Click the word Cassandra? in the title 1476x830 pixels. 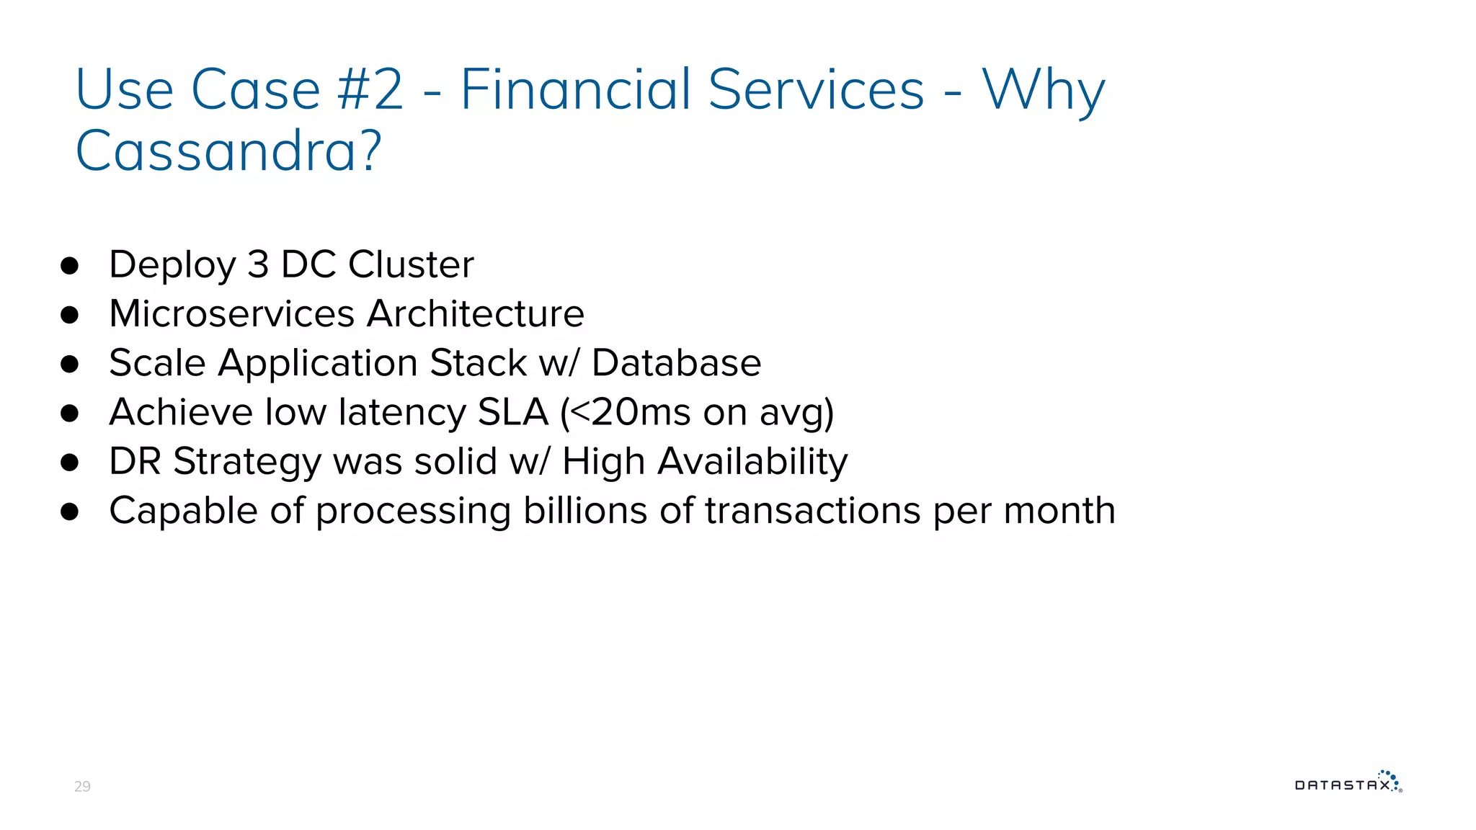pyautogui.click(x=228, y=151)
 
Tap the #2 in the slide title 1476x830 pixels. pyautogui.click(x=370, y=89)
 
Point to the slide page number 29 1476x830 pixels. pyautogui.click(x=82, y=786)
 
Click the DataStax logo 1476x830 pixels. pyautogui.click(x=1348, y=783)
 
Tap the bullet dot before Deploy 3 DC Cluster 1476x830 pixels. pyautogui.click(x=70, y=266)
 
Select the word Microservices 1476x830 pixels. pyautogui.click(x=231, y=313)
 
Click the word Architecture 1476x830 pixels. pyautogui.click(x=476, y=313)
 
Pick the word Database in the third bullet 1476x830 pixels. pyautogui.click(x=676, y=362)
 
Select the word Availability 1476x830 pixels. pyautogui.click(x=752, y=462)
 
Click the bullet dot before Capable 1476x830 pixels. pyautogui.click(x=70, y=512)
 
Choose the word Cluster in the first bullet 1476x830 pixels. pyautogui.click(x=411, y=264)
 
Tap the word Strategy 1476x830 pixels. pyautogui.click(x=246, y=462)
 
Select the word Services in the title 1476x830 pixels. pyautogui.click(x=816, y=89)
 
